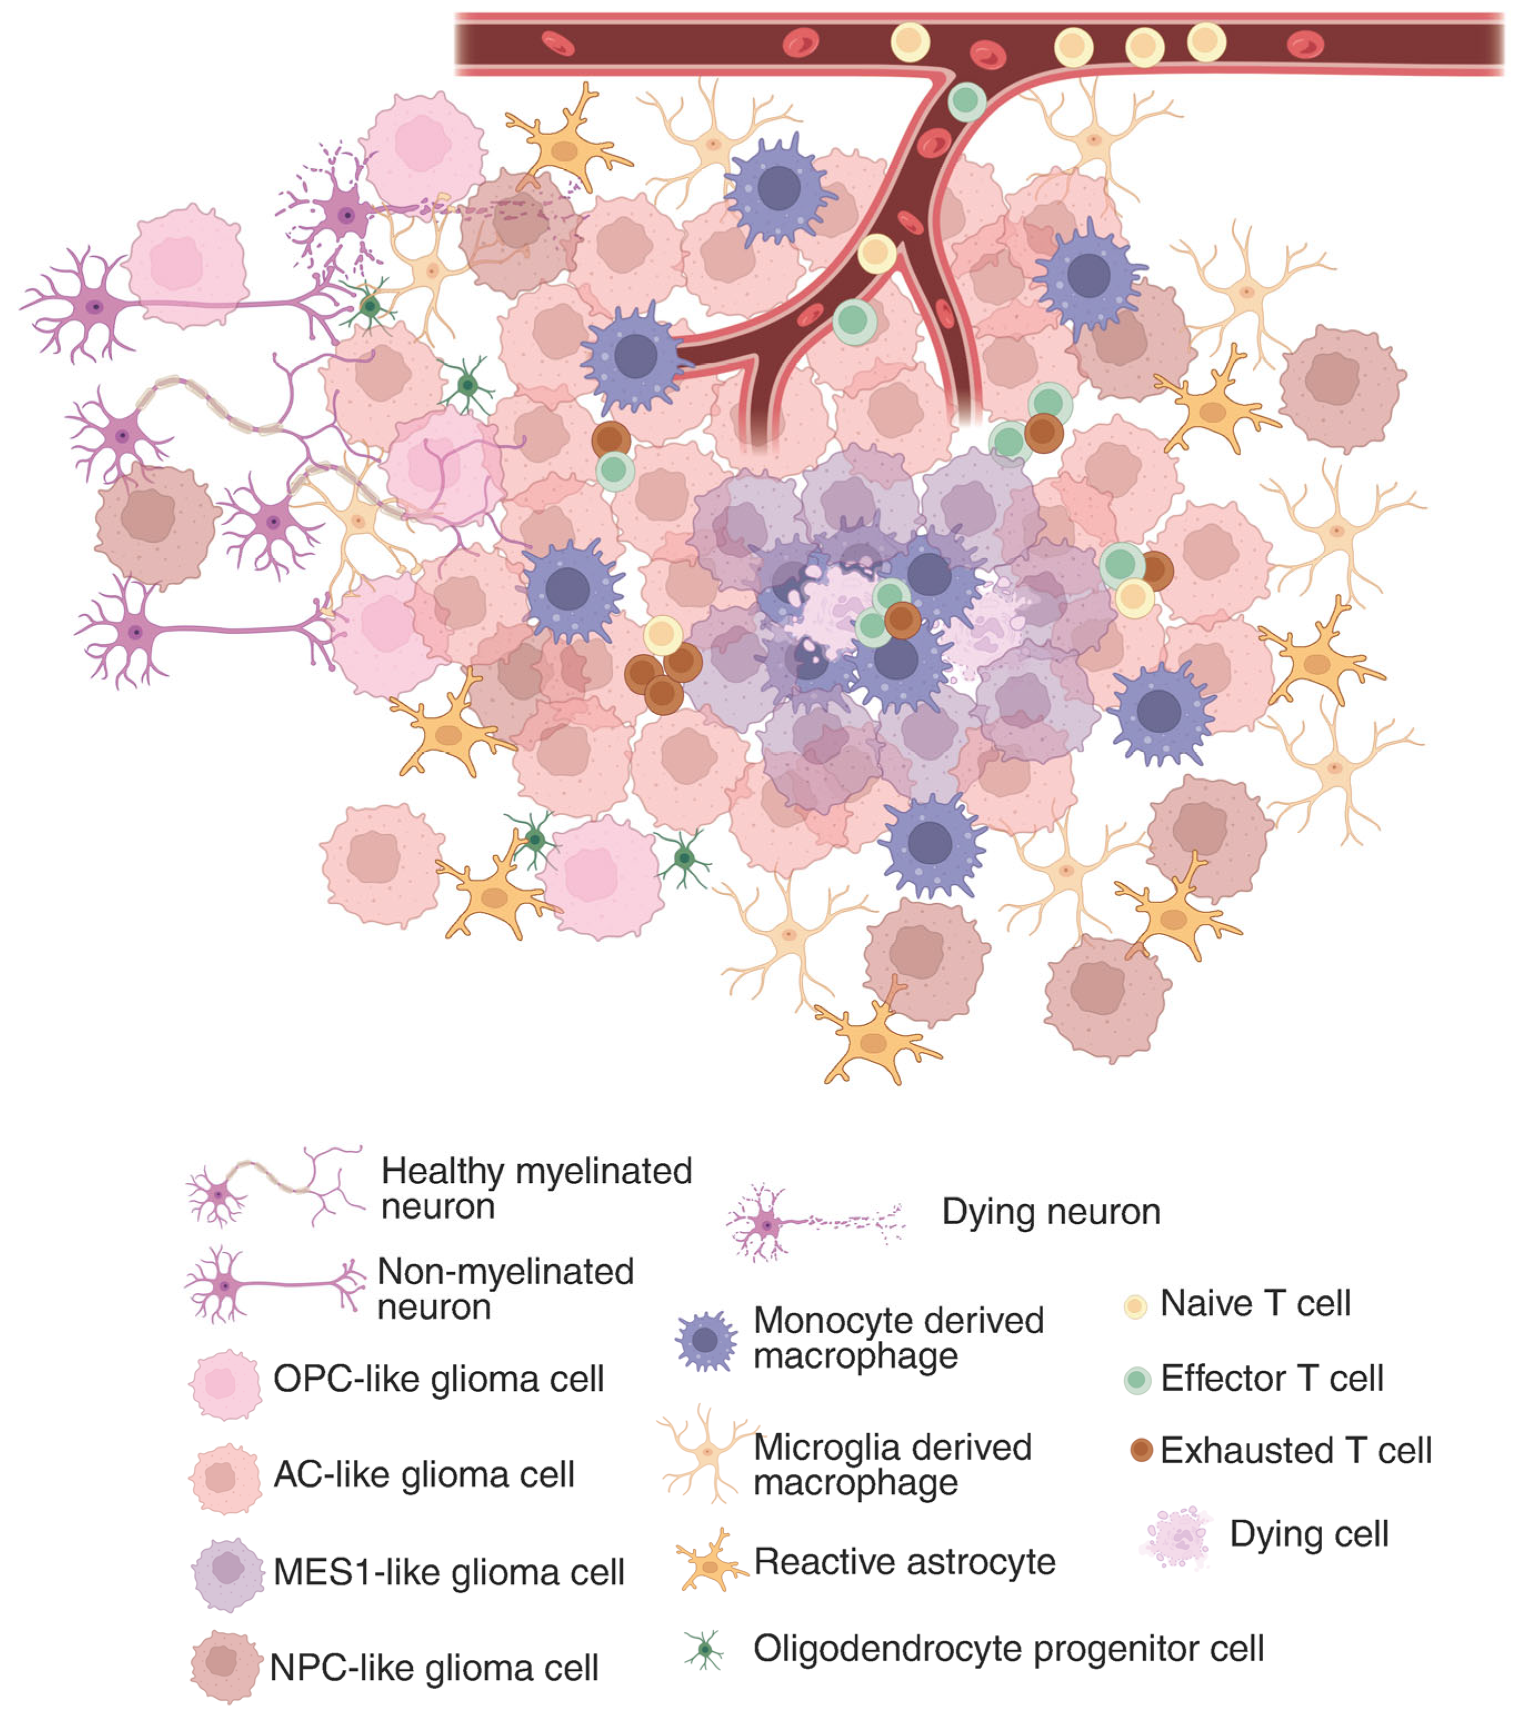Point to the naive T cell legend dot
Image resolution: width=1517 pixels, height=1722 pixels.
pyautogui.click(x=1135, y=1307)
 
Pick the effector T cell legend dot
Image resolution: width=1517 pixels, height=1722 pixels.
pyautogui.click(x=1137, y=1380)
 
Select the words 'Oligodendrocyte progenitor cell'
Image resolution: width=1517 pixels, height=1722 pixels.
pyautogui.click(x=1008, y=1649)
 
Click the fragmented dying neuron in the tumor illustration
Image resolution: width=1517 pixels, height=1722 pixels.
pyautogui.click(x=346, y=215)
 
